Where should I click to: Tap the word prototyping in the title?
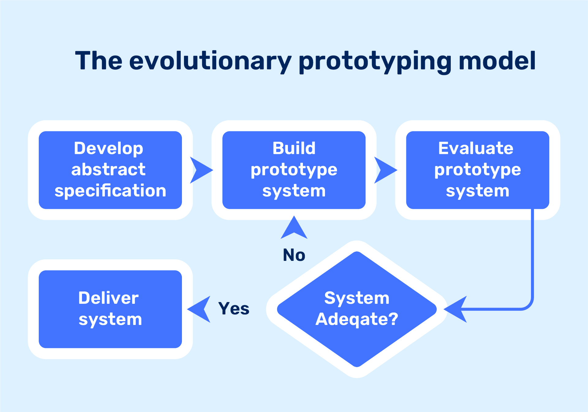pos(375,61)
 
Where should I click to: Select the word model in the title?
pos(497,61)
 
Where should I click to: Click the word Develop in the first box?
pos(109,149)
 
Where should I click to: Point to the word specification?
pos(110,191)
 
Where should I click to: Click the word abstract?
pos(108,170)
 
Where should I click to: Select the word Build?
pos(294,148)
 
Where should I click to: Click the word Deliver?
pos(108,298)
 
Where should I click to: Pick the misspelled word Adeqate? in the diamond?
pos(357,319)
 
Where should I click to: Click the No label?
pos(294,255)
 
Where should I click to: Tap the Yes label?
pos(234,309)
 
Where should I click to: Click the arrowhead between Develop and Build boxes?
pos(199,170)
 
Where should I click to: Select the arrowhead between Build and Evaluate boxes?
pos(383,170)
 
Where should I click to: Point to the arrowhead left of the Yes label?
pos(201,309)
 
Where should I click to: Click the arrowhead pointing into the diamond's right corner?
pos(457,309)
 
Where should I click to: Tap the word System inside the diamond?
pos(357,298)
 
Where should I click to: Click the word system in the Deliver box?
pos(110,319)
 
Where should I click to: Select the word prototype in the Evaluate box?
pos(477,170)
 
